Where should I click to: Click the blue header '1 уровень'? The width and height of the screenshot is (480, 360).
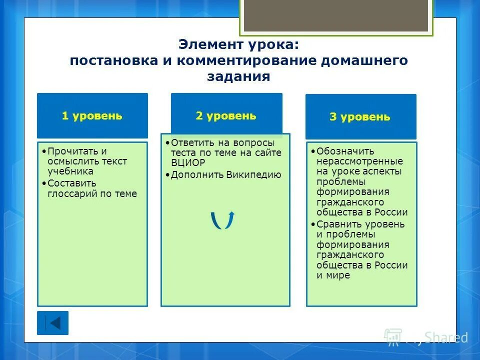click(92, 115)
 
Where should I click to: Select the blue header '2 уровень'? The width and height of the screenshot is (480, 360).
click(226, 115)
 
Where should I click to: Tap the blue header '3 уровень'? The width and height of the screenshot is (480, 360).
click(360, 117)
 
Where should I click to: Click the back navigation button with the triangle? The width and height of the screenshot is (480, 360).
click(52, 323)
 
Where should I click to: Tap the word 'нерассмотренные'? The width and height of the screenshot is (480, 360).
click(359, 161)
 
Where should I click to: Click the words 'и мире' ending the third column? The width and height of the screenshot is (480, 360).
click(333, 275)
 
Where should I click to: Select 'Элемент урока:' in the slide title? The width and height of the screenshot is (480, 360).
click(238, 44)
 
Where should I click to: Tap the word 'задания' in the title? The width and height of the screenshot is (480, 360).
click(238, 77)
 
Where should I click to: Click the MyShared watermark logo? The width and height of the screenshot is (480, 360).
click(425, 337)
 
